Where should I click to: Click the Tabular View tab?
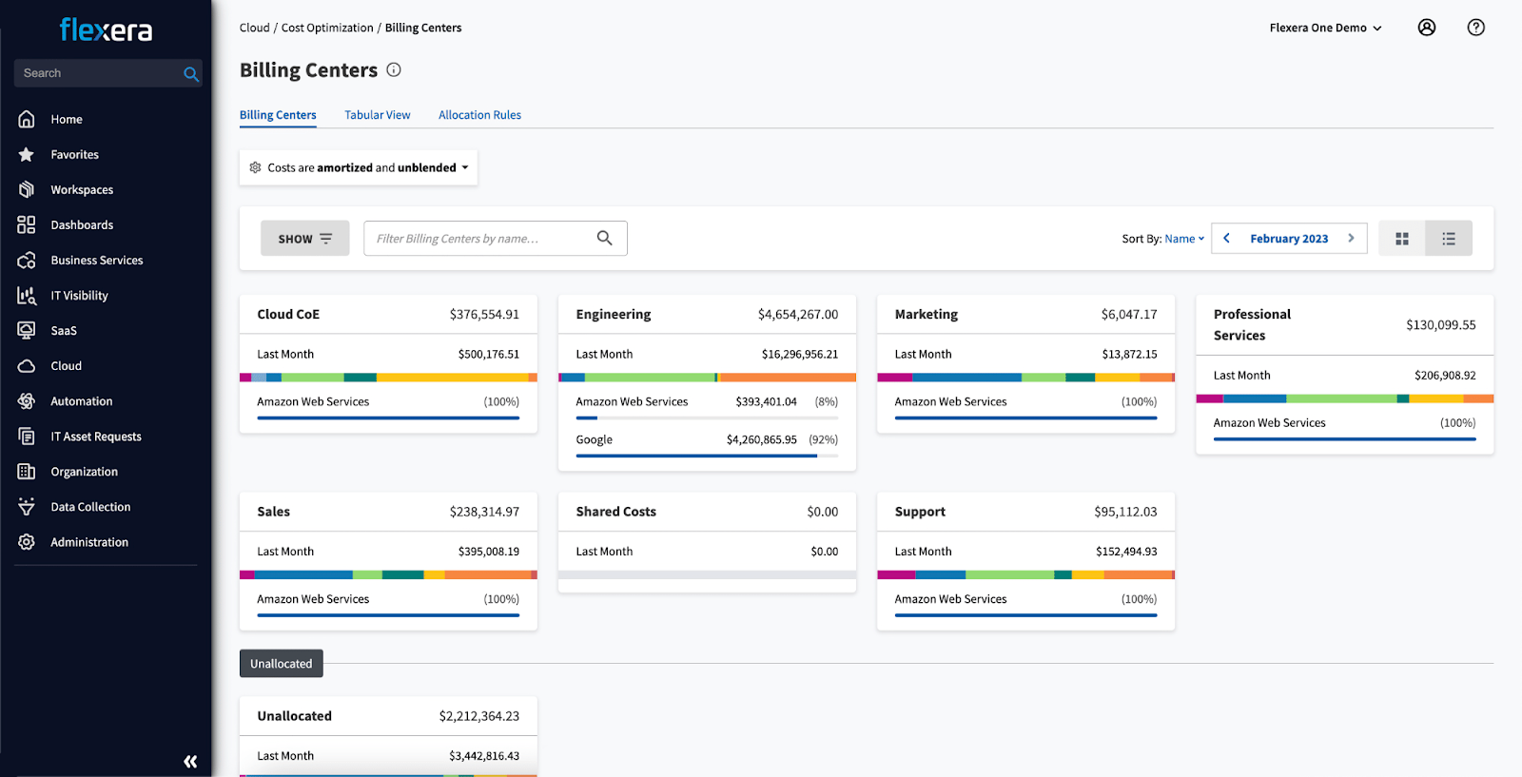(377, 115)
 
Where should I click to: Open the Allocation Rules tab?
(479, 115)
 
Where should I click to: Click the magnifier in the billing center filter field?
(604, 238)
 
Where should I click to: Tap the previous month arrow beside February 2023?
(1226, 239)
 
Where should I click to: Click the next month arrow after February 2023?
(1351, 239)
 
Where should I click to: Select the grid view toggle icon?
(1401, 239)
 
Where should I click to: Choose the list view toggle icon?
(1449, 239)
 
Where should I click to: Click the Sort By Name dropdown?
(1184, 239)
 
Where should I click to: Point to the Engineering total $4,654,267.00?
(797, 315)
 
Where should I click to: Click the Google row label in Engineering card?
(595, 439)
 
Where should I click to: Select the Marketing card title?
(926, 315)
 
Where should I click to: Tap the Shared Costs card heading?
(615, 512)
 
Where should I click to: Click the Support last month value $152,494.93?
(1126, 552)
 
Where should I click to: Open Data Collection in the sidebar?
(90, 507)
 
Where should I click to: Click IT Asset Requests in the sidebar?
(95, 437)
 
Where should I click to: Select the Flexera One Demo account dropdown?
(1325, 28)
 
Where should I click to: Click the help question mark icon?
(1475, 28)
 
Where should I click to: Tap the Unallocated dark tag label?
(281, 664)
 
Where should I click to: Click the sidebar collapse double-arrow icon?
(190, 761)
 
